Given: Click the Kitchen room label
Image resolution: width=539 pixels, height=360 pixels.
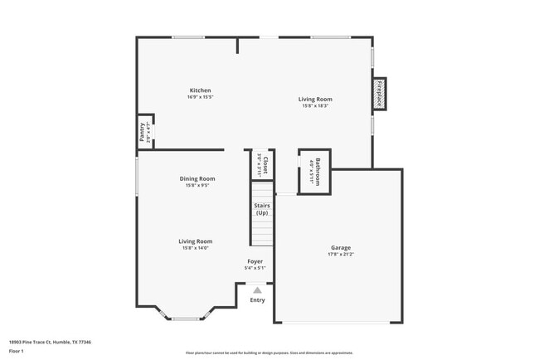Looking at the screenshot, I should pyautogui.click(x=200, y=90).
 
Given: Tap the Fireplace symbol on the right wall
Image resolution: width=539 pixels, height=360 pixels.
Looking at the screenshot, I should pyautogui.click(x=379, y=94).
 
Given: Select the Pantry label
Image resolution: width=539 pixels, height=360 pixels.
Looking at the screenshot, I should pyautogui.click(x=143, y=133).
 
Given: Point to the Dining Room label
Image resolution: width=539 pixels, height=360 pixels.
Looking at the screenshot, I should pyautogui.click(x=197, y=178).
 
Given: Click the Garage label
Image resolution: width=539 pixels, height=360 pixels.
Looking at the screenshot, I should pyautogui.click(x=341, y=247).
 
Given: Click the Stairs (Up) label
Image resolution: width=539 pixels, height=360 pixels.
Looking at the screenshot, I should pyautogui.click(x=261, y=209).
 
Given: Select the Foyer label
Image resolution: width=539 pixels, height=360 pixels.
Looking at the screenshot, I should pyautogui.click(x=255, y=261).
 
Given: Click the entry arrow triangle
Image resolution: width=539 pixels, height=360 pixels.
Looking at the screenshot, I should pyautogui.click(x=258, y=290).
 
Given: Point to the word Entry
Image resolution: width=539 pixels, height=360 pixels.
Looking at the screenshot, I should pyautogui.click(x=258, y=300).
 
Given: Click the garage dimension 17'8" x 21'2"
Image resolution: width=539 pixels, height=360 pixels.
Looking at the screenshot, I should pyautogui.click(x=341, y=255).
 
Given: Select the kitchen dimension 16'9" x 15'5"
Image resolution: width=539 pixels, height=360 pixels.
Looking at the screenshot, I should pyautogui.click(x=200, y=98).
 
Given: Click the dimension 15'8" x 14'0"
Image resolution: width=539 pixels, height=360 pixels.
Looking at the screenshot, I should pyautogui.click(x=196, y=248).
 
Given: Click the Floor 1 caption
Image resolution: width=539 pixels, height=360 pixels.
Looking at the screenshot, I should pyautogui.click(x=17, y=352).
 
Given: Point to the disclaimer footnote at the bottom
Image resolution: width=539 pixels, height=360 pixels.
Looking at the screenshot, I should pyautogui.click(x=269, y=353).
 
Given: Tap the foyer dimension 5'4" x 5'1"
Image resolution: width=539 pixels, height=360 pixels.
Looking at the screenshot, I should pyautogui.click(x=255, y=269).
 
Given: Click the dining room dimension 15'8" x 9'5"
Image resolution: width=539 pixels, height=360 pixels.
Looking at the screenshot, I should pyautogui.click(x=197, y=186).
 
